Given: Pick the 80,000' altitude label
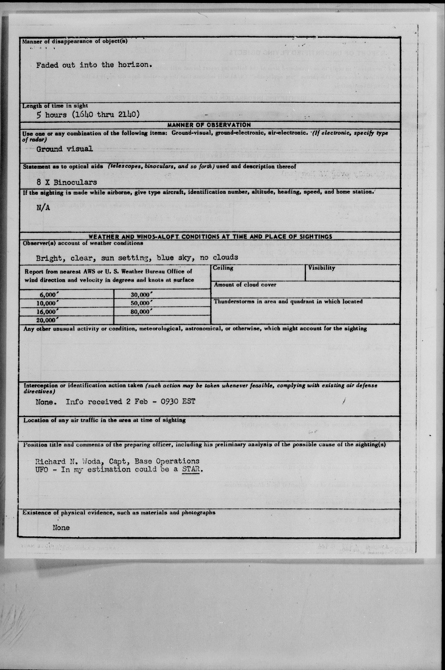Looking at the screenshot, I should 142,311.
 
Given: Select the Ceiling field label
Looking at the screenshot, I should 223,268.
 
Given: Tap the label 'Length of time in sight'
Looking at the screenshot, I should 55,106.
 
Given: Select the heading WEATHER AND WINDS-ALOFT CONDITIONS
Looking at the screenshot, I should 210,237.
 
